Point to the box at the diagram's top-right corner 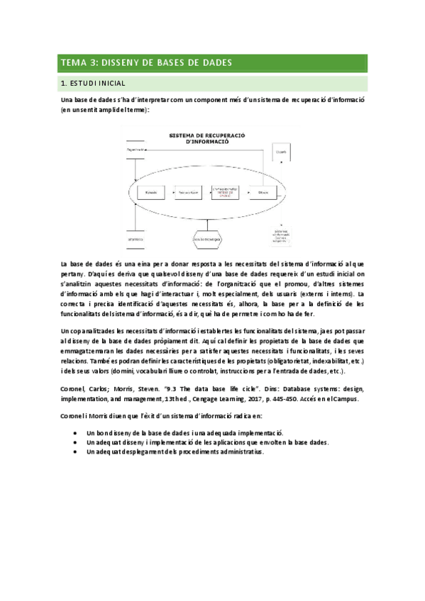(281, 152)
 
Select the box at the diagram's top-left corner (134, 150)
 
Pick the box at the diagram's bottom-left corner (135, 240)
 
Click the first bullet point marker (75, 432)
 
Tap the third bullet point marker (75, 451)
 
